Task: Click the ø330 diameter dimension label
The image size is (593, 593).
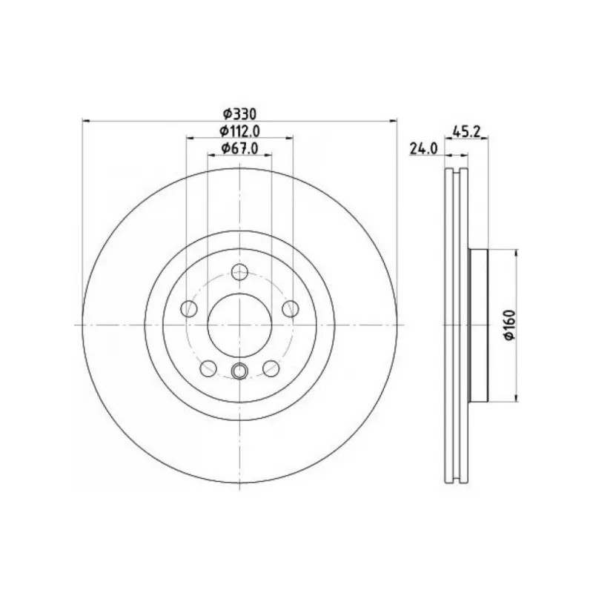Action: point(239,113)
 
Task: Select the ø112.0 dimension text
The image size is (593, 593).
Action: point(239,131)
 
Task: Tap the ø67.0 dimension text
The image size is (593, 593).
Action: point(239,149)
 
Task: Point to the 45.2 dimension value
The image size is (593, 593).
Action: point(466,132)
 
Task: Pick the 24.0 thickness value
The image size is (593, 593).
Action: point(423,149)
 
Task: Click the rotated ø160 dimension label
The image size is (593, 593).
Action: point(510,325)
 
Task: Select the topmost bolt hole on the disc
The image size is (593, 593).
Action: point(239,272)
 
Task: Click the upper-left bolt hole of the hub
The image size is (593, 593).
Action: point(189,308)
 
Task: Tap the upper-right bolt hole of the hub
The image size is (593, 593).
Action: point(290,308)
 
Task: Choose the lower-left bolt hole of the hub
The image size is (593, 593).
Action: point(208,368)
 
